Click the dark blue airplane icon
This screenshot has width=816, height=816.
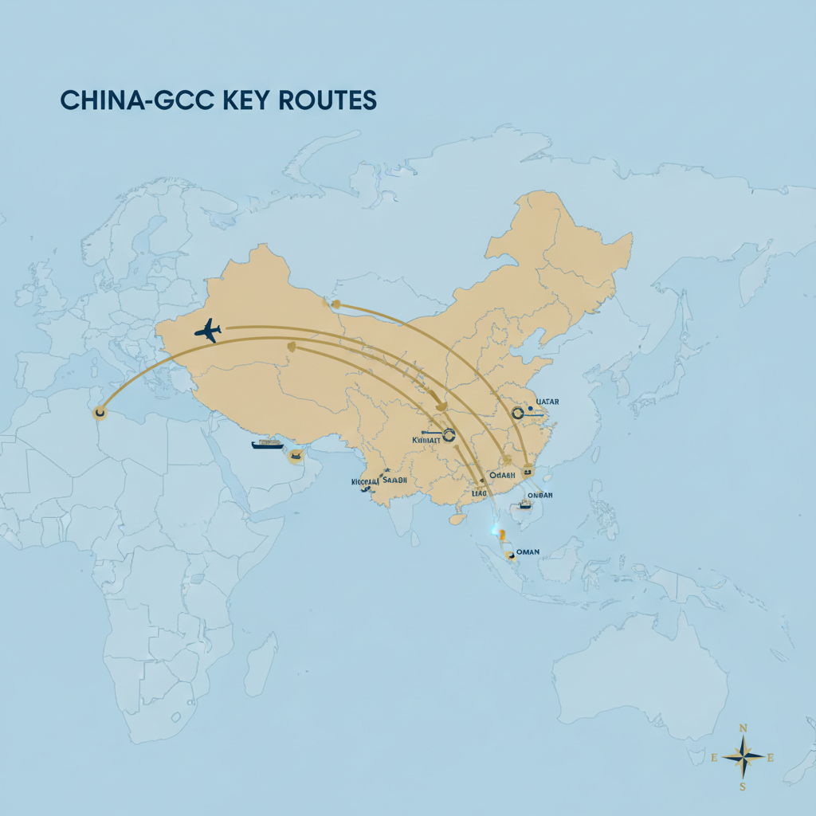coord(208,330)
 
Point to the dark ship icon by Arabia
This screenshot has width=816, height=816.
coord(267,444)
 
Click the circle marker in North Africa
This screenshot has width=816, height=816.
coord(100,413)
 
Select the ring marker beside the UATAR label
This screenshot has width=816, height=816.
coord(518,413)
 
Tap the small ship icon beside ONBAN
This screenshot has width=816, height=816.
coord(525,504)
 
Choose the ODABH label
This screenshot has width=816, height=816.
coord(502,475)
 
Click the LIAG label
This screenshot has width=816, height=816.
coord(479,494)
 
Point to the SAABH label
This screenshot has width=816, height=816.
coord(394,481)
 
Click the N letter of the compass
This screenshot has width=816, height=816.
coord(743,728)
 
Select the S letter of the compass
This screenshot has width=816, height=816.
coord(743,787)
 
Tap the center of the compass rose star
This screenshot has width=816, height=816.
coord(743,757)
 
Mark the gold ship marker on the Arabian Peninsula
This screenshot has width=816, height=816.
coord(296,455)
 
